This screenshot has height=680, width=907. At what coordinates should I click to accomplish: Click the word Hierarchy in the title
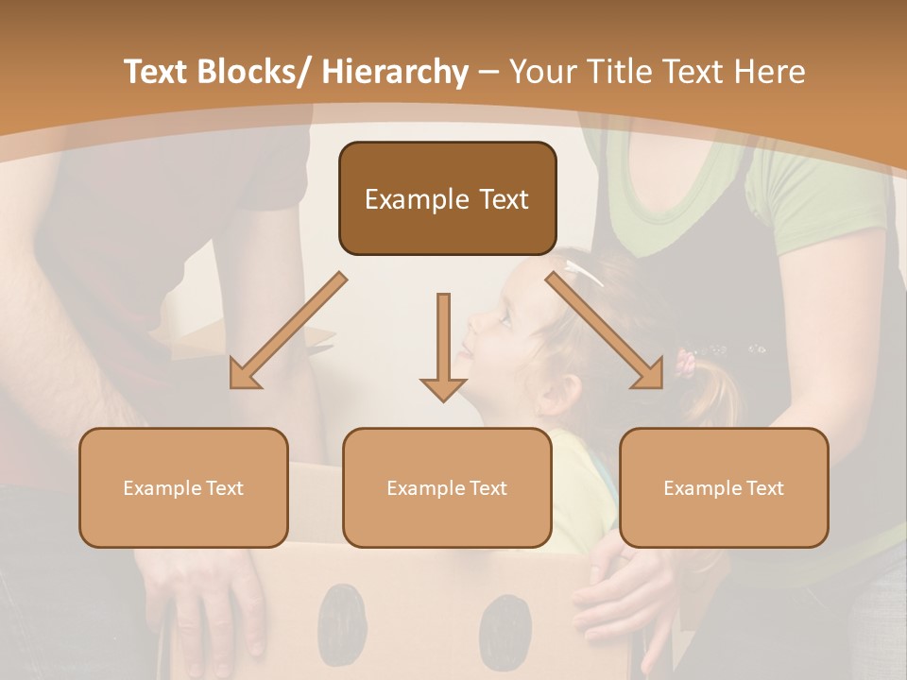[395, 72]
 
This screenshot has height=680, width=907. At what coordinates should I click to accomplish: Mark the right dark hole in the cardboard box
[505, 628]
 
